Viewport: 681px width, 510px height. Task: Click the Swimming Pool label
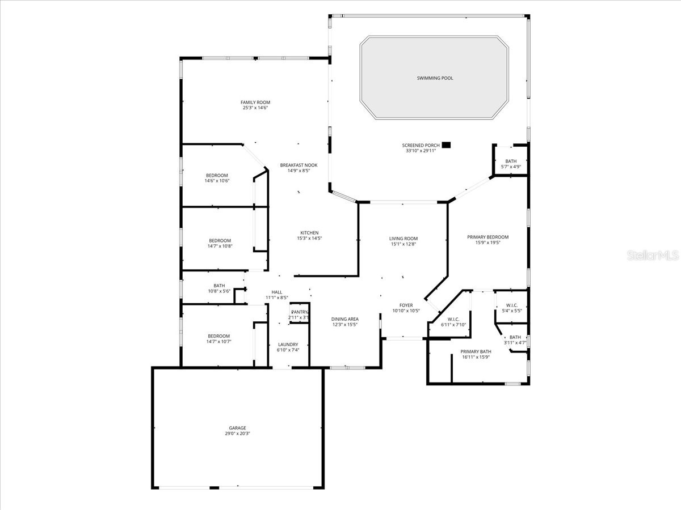435,78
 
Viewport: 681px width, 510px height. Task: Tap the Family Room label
255,102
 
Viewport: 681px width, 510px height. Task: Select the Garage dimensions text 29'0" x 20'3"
238,433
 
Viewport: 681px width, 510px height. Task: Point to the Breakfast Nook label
299,165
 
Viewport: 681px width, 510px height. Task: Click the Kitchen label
309,232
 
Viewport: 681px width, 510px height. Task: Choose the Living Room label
403,239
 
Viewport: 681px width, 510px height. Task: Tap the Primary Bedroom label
487,237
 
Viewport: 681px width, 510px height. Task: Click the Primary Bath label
476,351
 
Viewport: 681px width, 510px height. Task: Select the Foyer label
406,305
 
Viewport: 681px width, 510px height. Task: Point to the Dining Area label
345,319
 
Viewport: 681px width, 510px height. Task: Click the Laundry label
288,345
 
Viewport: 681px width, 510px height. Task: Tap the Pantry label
299,312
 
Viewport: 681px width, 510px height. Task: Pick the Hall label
277,292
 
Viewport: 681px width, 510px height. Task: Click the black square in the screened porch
447,145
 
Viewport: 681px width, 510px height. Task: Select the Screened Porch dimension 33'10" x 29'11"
420,151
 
